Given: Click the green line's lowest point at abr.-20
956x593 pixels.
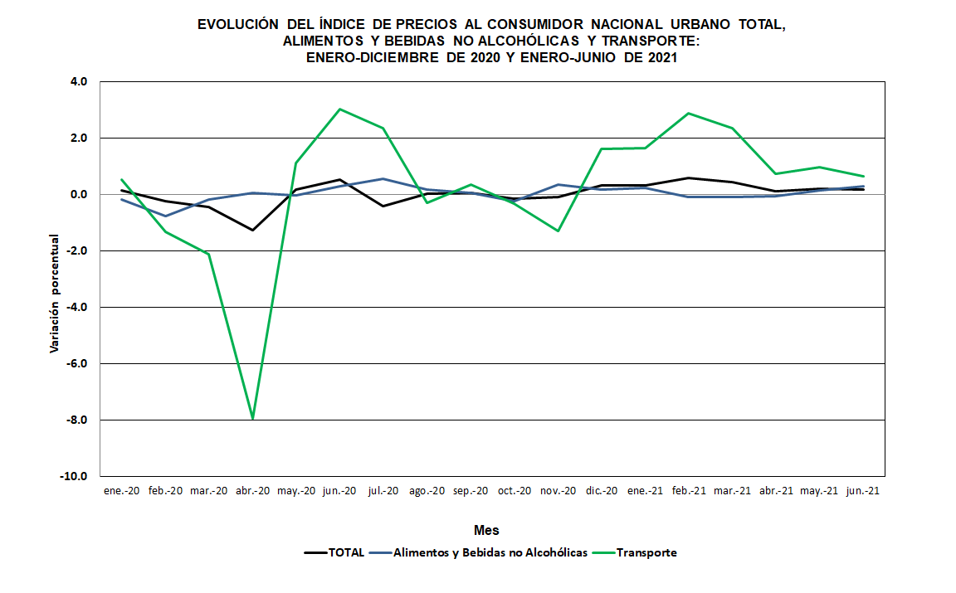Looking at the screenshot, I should click(252, 419).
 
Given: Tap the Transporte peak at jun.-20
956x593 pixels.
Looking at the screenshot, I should click(339, 109).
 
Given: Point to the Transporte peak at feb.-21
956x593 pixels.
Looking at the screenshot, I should click(688, 113).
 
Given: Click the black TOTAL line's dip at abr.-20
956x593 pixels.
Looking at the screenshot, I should click(252, 230).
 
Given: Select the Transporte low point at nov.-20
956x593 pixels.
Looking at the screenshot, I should click(558, 231).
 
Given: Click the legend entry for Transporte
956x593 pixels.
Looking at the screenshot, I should click(646, 552).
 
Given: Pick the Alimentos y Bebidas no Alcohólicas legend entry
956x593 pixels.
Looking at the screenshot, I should click(490, 552).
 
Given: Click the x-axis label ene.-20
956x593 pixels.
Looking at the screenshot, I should click(121, 490).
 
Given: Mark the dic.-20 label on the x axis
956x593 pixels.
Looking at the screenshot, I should click(601, 490).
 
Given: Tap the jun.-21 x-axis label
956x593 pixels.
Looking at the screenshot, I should click(862, 490).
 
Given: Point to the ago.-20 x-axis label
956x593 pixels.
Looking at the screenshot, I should click(427, 490).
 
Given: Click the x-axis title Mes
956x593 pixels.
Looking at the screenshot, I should click(486, 530).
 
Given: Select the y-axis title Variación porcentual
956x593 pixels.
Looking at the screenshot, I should click(55, 293).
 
